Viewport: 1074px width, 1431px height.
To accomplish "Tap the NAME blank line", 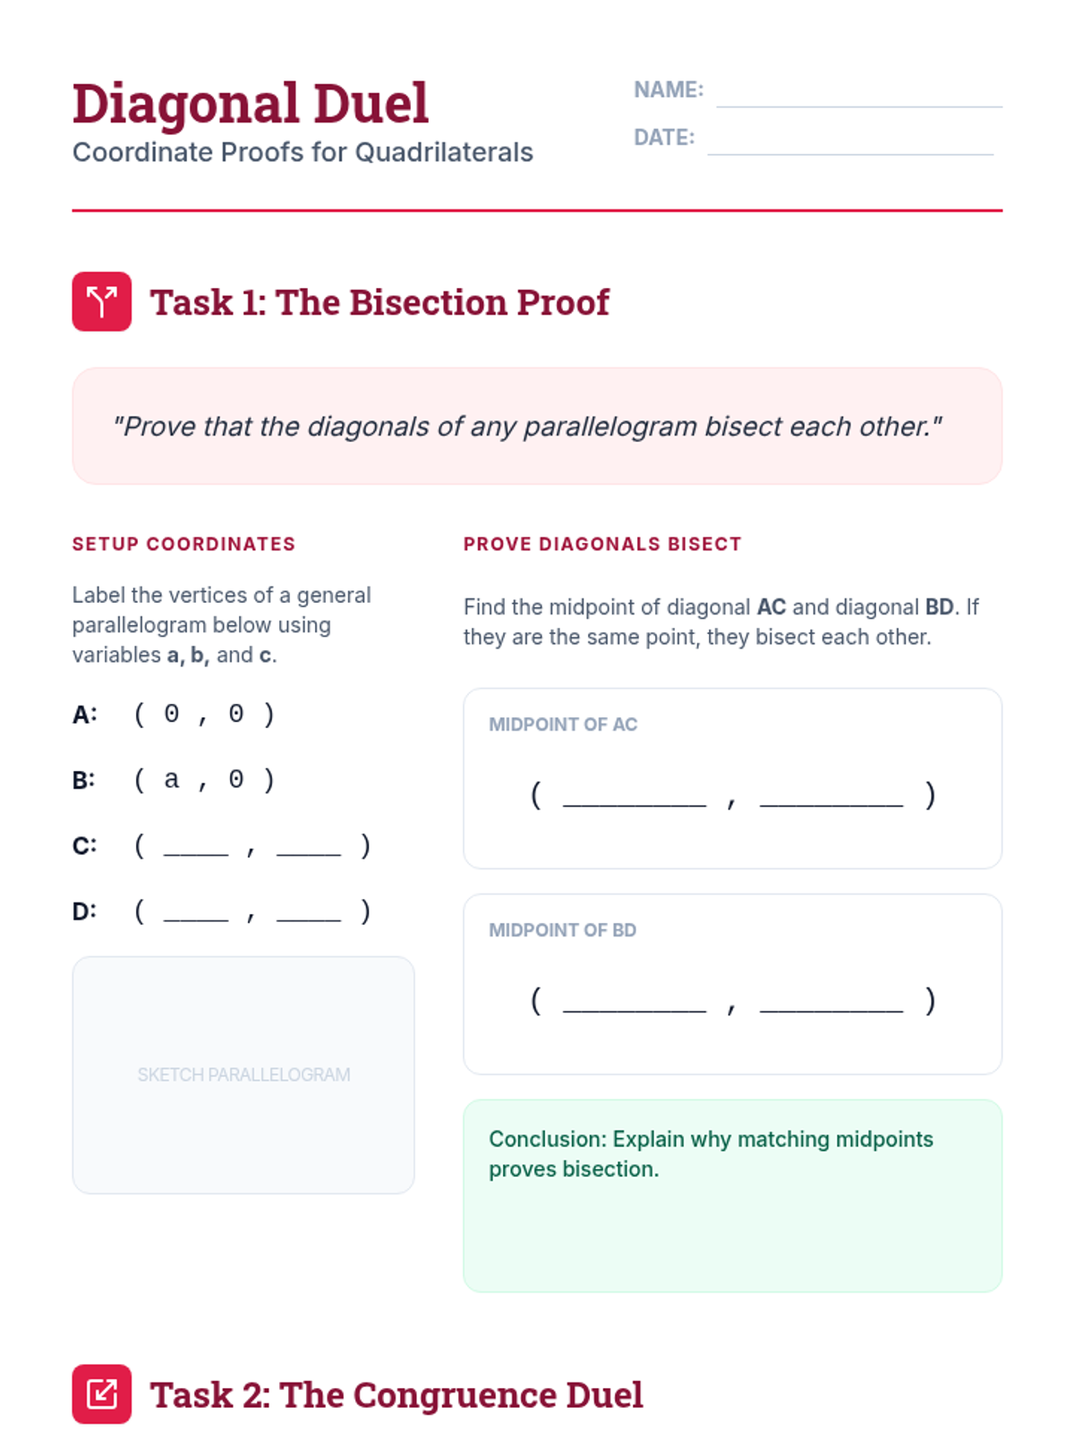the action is [x=859, y=106].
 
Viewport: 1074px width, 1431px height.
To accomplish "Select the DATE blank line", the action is [x=850, y=155].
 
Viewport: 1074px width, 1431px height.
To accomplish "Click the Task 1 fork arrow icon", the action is [x=102, y=301].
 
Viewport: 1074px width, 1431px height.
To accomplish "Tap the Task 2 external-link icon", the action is [x=102, y=1393].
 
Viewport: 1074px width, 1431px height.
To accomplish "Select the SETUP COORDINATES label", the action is [x=183, y=544].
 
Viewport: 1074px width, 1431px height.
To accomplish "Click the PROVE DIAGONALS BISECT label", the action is [x=602, y=544].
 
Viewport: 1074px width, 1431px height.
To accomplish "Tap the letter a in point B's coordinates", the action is [x=172, y=779].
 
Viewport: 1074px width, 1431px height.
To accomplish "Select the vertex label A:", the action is [x=85, y=715].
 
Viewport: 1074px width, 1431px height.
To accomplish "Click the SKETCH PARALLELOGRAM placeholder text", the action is [x=243, y=1074].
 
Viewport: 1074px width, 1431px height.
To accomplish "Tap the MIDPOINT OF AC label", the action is [x=563, y=724].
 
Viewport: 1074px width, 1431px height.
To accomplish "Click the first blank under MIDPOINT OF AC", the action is [x=635, y=805].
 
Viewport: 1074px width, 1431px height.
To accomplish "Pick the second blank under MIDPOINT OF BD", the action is [x=831, y=1011].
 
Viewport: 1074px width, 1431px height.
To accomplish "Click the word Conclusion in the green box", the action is [x=548, y=1139].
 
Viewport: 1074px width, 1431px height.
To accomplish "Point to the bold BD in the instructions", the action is [x=940, y=607].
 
